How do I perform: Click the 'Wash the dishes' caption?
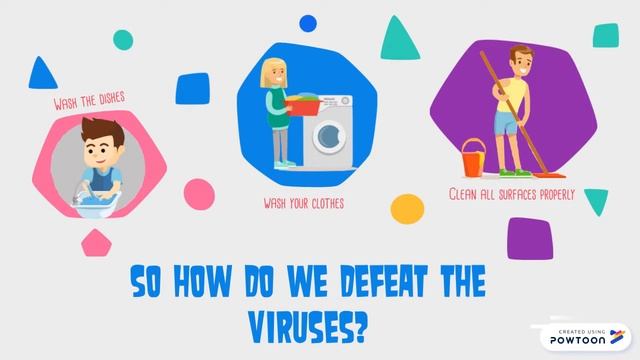click(x=89, y=101)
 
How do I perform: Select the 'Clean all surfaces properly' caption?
click(x=511, y=194)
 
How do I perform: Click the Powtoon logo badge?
click(x=585, y=337)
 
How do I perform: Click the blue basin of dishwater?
click(x=96, y=204)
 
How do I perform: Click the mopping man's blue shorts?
click(x=505, y=123)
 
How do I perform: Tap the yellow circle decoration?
click(x=407, y=209)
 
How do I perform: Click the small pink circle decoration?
click(x=199, y=194)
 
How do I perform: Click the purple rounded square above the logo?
click(x=530, y=239)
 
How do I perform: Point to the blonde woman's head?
click(x=273, y=72)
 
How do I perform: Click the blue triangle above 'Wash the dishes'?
click(x=42, y=73)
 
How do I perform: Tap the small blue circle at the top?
click(x=309, y=22)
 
